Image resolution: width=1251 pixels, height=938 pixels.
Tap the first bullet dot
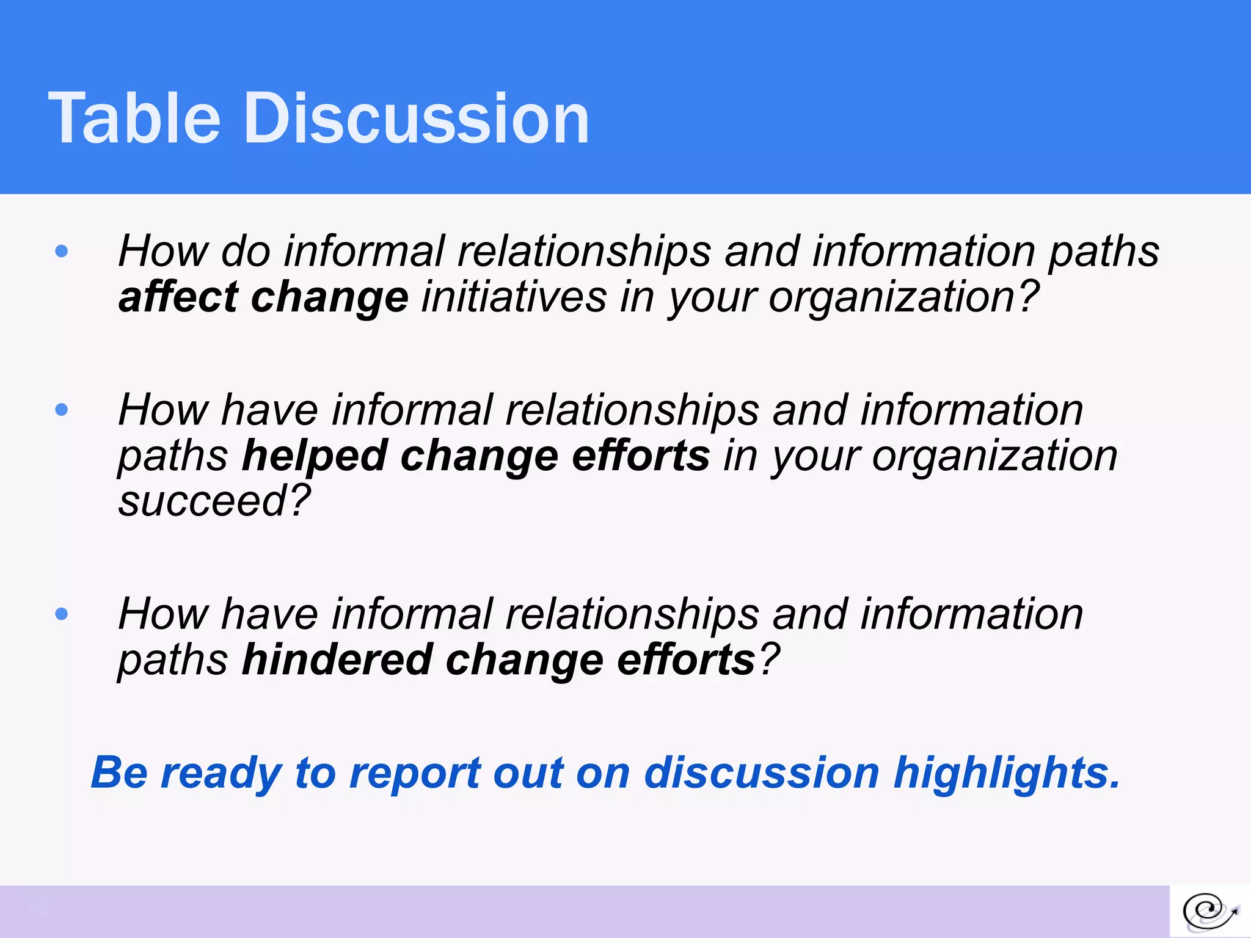pos(61,251)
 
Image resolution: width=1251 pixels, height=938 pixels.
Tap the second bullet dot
pos(61,409)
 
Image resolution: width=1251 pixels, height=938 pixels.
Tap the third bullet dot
pos(61,614)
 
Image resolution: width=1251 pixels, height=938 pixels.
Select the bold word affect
pos(178,297)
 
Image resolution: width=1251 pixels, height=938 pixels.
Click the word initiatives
pos(514,297)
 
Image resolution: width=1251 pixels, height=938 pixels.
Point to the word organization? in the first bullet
pos(903,298)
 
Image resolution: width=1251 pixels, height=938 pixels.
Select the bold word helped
pos(315,456)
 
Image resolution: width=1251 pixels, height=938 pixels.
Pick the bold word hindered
pos(337,660)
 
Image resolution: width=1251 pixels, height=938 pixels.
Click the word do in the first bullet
pos(246,251)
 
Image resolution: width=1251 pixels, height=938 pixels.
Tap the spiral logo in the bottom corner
pos(1209,911)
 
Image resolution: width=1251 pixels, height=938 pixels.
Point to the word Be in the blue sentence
pos(119,773)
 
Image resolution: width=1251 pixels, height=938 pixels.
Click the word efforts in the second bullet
pos(641,456)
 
